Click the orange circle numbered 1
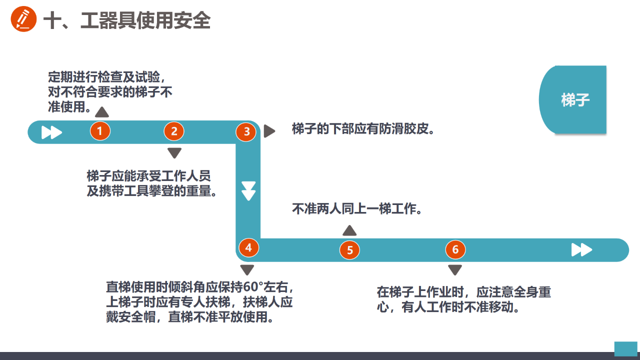click(100, 131)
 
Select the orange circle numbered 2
click(174, 131)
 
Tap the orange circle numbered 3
click(246, 131)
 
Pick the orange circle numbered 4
click(248, 247)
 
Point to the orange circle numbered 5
click(349, 250)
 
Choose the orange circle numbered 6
click(455, 249)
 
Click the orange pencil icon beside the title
click(23, 19)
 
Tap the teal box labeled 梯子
click(573, 99)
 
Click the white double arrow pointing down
click(248, 191)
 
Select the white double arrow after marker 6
click(581, 249)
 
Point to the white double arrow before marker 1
click(51, 132)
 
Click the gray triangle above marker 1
click(101, 112)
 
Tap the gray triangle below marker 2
click(174, 153)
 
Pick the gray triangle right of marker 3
click(269, 131)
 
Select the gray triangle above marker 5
click(349, 230)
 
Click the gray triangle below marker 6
click(455, 270)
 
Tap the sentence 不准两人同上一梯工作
click(356, 209)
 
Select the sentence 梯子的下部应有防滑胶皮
click(363, 129)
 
